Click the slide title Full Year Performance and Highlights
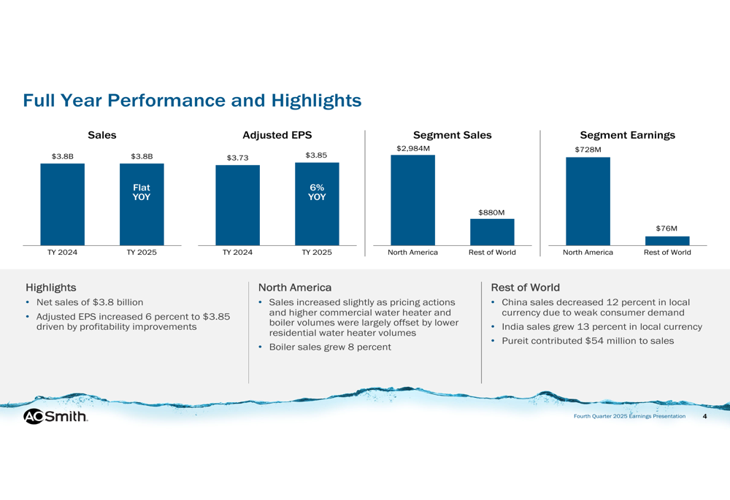pyautogui.click(x=192, y=100)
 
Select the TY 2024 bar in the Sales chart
pyautogui.click(x=62, y=204)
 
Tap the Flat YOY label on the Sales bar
pyautogui.click(x=142, y=193)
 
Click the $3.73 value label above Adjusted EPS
pyautogui.click(x=237, y=157)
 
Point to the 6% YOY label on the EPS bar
pyautogui.click(x=317, y=192)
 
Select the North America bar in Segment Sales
pyautogui.click(x=412, y=200)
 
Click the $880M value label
pyautogui.click(x=491, y=212)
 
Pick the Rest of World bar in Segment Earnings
pyautogui.click(x=667, y=241)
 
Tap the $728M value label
pyautogui.click(x=588, y=150)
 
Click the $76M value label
pyautogui.click(x=666, y=228)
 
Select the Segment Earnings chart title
pyautogui.click(x=627, y=135)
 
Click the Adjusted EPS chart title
pyautogui.click(x=277, y=135)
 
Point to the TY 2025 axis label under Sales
pyautogui.click(x=142, y=253)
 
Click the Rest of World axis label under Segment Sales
pyautogui.click(x=492, y=253)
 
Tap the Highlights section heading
pyautogui.click(x=50, y=288)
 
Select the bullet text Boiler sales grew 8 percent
pyautogui.click(x=330, y=347)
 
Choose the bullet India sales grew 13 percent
pyautogui.click(x=602, y=327)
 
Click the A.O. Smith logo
pyautogui.click(x=55, y=416)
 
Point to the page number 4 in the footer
pyautogui.click(x=704, y=416)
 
